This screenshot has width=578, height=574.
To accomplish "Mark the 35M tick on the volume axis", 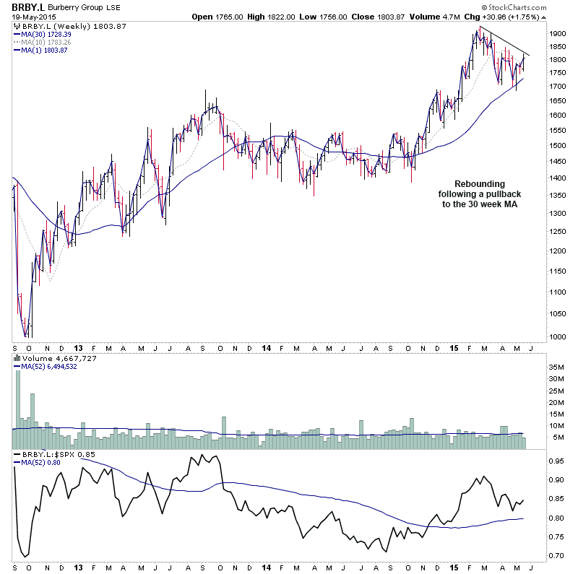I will (x=556, y=367).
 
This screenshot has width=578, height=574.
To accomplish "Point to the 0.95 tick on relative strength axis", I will (x=556, y=460).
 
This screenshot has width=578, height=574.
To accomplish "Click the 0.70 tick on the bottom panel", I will (x=556, y=555).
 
